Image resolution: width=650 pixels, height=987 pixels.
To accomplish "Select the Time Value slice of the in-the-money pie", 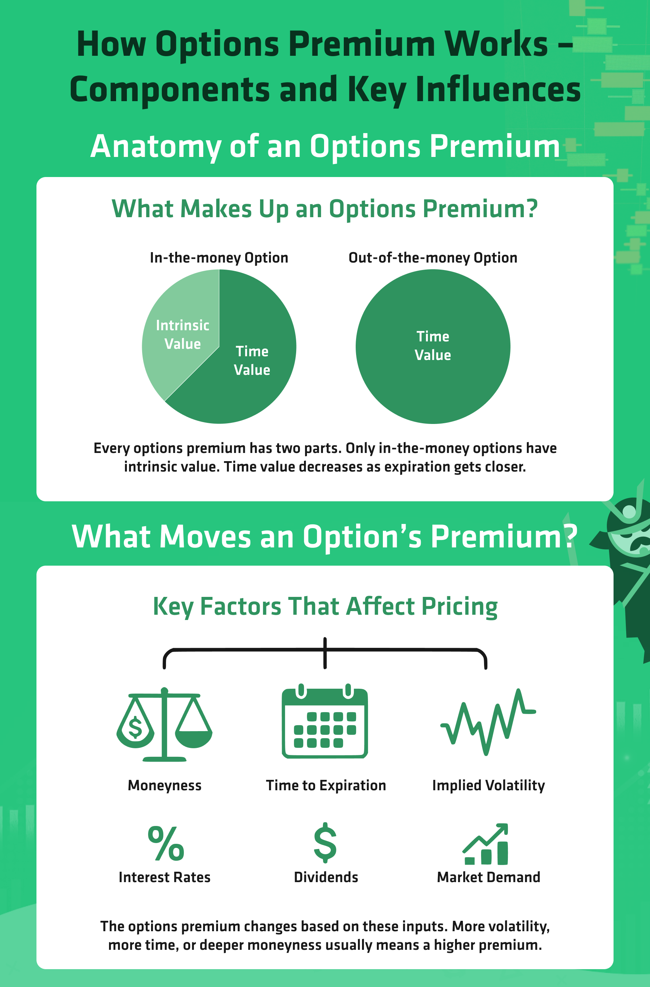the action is click(245, 365).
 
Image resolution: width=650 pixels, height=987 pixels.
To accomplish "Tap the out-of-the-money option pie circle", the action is click(433, 346).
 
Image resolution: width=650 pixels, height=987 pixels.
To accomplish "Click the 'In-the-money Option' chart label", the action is click(219, 258).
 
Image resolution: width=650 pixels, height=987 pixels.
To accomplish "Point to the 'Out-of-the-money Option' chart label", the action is click(433, 258).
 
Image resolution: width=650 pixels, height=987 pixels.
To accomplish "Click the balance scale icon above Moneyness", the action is click(164, 724).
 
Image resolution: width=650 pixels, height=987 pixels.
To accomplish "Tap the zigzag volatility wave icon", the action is click(488, 722).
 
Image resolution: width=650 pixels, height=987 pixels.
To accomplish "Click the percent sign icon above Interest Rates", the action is click(166, 843).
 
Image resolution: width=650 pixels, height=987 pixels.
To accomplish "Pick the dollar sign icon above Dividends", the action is click(325, 842).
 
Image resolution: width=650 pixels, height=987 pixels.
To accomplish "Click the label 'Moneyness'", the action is click(165, 785).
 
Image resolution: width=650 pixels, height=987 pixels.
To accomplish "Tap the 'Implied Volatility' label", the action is click(488, 785).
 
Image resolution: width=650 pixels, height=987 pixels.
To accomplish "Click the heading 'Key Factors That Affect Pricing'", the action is click(325, 606).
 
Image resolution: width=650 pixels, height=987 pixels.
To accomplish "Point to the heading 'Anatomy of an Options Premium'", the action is click(325, 147).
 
